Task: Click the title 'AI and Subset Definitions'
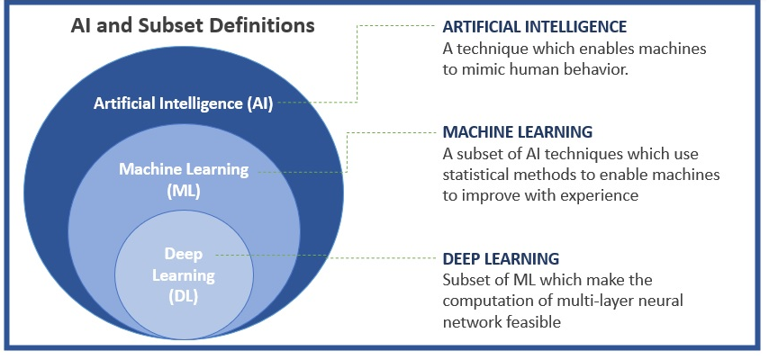[193, 25]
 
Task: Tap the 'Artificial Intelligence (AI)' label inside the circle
[183, 103]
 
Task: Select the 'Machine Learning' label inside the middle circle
[184, 170]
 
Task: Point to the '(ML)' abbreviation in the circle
[184, 192]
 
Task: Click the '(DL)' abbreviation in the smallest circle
[183, 297]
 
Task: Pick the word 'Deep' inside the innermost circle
[184, 254]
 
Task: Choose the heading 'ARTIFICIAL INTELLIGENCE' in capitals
[535, 26]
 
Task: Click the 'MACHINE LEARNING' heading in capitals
[518, 131]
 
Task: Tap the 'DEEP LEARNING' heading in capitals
[501, 258]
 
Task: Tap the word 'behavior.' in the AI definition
[595, 69]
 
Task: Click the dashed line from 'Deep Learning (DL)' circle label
[325, 256]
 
